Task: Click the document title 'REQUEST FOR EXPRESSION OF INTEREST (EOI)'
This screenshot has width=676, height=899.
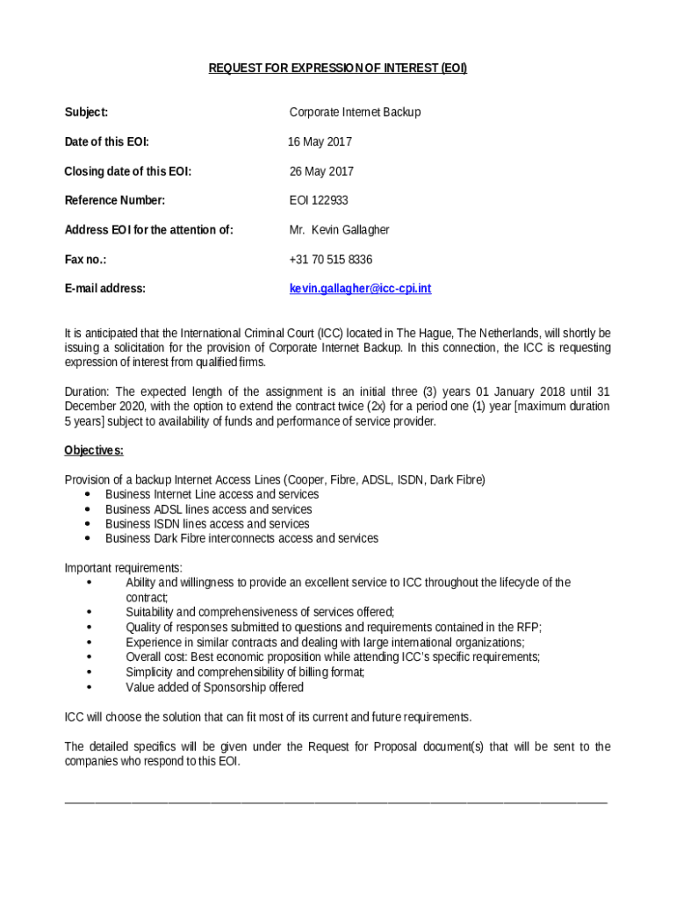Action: click(337, 68)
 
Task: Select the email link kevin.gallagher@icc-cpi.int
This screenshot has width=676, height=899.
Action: click(360, 289)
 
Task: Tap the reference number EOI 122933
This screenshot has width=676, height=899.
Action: click(319, 201)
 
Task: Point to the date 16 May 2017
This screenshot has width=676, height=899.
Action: click(320, 142)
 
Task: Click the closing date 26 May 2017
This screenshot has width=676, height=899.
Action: click(321, 172)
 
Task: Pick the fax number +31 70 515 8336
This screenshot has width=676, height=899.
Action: click(330, 260)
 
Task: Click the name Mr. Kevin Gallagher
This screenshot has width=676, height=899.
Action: click(339, 230)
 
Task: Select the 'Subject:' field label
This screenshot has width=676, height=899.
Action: click(86, 112)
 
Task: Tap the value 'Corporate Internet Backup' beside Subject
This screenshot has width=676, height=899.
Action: click(355, 112)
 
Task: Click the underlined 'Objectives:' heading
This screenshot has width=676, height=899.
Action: click(94, 451)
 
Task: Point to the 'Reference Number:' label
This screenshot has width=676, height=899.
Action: click(115, 201)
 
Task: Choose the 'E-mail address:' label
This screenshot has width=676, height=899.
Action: click(105, 289)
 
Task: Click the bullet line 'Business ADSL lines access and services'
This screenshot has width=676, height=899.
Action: click(208, 509)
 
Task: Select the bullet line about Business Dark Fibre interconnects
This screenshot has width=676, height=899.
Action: click(241, 538)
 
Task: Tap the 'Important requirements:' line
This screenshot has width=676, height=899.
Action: click(124, 568)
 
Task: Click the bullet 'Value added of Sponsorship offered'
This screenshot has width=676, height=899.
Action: click(214, 687)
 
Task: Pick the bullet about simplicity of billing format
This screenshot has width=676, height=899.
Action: click(245, 672)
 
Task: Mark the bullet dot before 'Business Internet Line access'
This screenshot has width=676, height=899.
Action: click(88, 495)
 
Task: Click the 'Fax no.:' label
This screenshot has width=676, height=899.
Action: click(85, 260)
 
